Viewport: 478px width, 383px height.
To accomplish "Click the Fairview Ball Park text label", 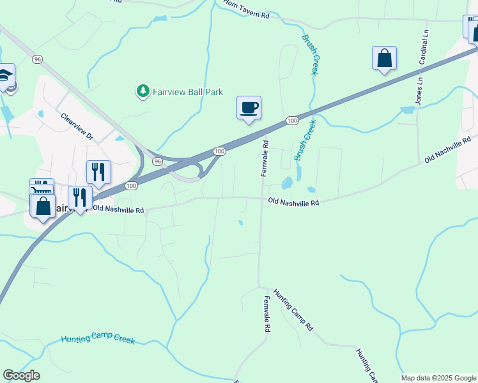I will [188, 92].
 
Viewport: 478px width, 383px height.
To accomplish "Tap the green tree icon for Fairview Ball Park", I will [143, 92].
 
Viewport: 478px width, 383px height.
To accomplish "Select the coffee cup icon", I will [249, 107].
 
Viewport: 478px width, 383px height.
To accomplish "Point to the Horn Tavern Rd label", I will [246, 10].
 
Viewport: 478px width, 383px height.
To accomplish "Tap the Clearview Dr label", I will [77, 126].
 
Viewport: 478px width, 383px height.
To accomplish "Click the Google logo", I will [21, 375].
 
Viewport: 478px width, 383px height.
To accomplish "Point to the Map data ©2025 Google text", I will [439, 378].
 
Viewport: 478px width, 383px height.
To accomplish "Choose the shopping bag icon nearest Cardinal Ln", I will [384, 58].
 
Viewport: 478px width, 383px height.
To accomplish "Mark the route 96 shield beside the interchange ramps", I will [157, 162].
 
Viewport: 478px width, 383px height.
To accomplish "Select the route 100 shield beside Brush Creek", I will [292, 121].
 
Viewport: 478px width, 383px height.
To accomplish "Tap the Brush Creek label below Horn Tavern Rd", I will [310, 55].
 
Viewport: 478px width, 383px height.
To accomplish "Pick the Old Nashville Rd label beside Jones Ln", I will [448, 148].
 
